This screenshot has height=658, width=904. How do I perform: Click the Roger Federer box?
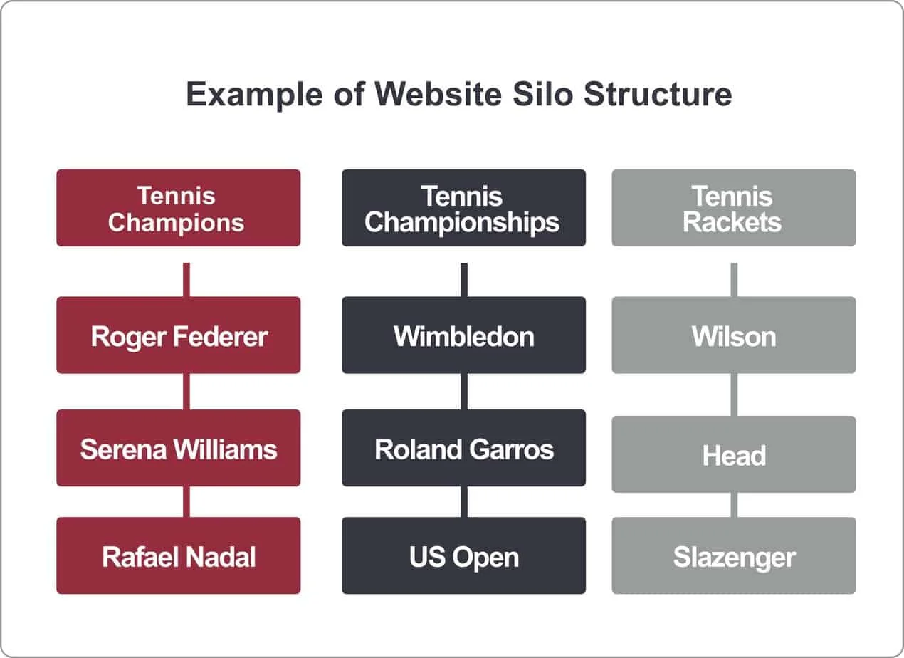tap(179, 335)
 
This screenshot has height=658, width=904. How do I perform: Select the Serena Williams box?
tap(179, 448)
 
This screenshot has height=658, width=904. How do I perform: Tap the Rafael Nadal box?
tap(179, 555)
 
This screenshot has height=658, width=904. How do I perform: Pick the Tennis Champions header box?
tap(179, 208)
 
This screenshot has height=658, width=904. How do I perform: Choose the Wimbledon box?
tap(463, 335)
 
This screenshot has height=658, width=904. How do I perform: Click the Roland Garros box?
tap(463, 448)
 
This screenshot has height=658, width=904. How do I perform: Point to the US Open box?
tap(463, 555)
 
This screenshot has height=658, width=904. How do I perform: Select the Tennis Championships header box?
tap(463, 208)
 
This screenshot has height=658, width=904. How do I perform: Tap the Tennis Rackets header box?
tap(734, 208)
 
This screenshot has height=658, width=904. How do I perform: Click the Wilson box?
tap(734, 335)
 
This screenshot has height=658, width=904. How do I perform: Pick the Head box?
tap(734, 454)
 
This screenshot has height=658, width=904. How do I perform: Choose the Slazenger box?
tap(734, 555)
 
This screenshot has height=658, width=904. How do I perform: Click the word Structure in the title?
tap(658, 95)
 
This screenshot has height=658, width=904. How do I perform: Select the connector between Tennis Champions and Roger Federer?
tap(186, 279)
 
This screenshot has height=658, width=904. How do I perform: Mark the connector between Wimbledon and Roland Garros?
tap(464, 391)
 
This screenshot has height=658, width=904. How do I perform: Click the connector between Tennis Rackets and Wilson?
tap(734, 279)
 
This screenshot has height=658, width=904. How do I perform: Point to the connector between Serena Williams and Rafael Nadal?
tap(186, 501)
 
